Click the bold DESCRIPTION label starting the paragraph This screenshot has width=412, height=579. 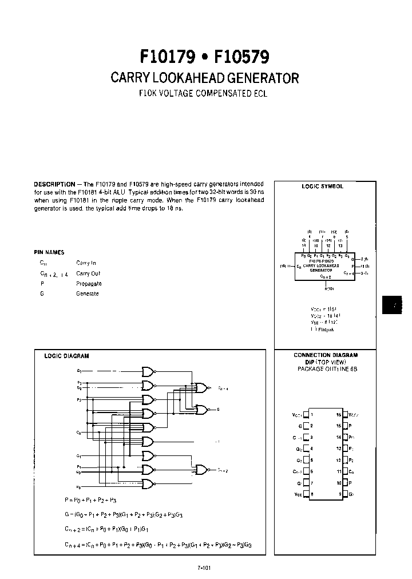54,184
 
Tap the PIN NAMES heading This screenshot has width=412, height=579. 49,252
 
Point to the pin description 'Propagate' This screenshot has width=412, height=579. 89,283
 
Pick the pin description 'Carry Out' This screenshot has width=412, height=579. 88,273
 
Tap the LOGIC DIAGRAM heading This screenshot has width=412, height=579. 66,356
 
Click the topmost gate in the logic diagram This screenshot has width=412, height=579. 148,371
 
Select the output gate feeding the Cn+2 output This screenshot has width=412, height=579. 202,470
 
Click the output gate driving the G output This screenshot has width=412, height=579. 202,410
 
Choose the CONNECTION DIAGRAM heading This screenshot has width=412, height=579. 325,355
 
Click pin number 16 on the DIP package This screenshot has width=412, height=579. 338,414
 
